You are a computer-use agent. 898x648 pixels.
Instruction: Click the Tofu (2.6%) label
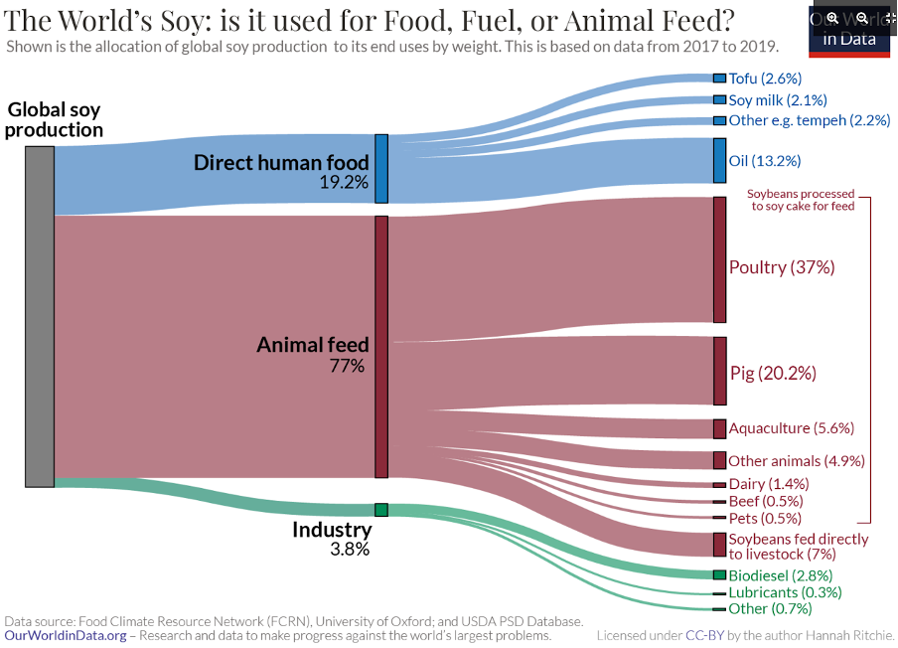765,78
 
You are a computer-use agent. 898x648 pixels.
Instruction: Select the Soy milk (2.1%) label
778,99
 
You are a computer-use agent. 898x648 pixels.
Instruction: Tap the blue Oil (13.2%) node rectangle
719,160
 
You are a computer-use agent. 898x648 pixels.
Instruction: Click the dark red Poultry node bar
719,259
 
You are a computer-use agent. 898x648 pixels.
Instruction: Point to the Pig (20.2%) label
773,374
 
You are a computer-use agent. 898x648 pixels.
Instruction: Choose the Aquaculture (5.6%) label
791,428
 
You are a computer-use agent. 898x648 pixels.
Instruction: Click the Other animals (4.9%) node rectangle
719,460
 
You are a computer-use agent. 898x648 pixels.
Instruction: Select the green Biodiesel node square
719,574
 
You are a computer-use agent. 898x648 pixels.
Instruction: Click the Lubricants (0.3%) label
785,592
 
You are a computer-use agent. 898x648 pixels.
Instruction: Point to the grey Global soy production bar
40,316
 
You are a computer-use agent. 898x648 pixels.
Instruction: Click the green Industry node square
380,509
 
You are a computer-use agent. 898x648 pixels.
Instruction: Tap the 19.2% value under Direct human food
344,182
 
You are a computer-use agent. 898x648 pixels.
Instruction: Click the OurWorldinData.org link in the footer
66,635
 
